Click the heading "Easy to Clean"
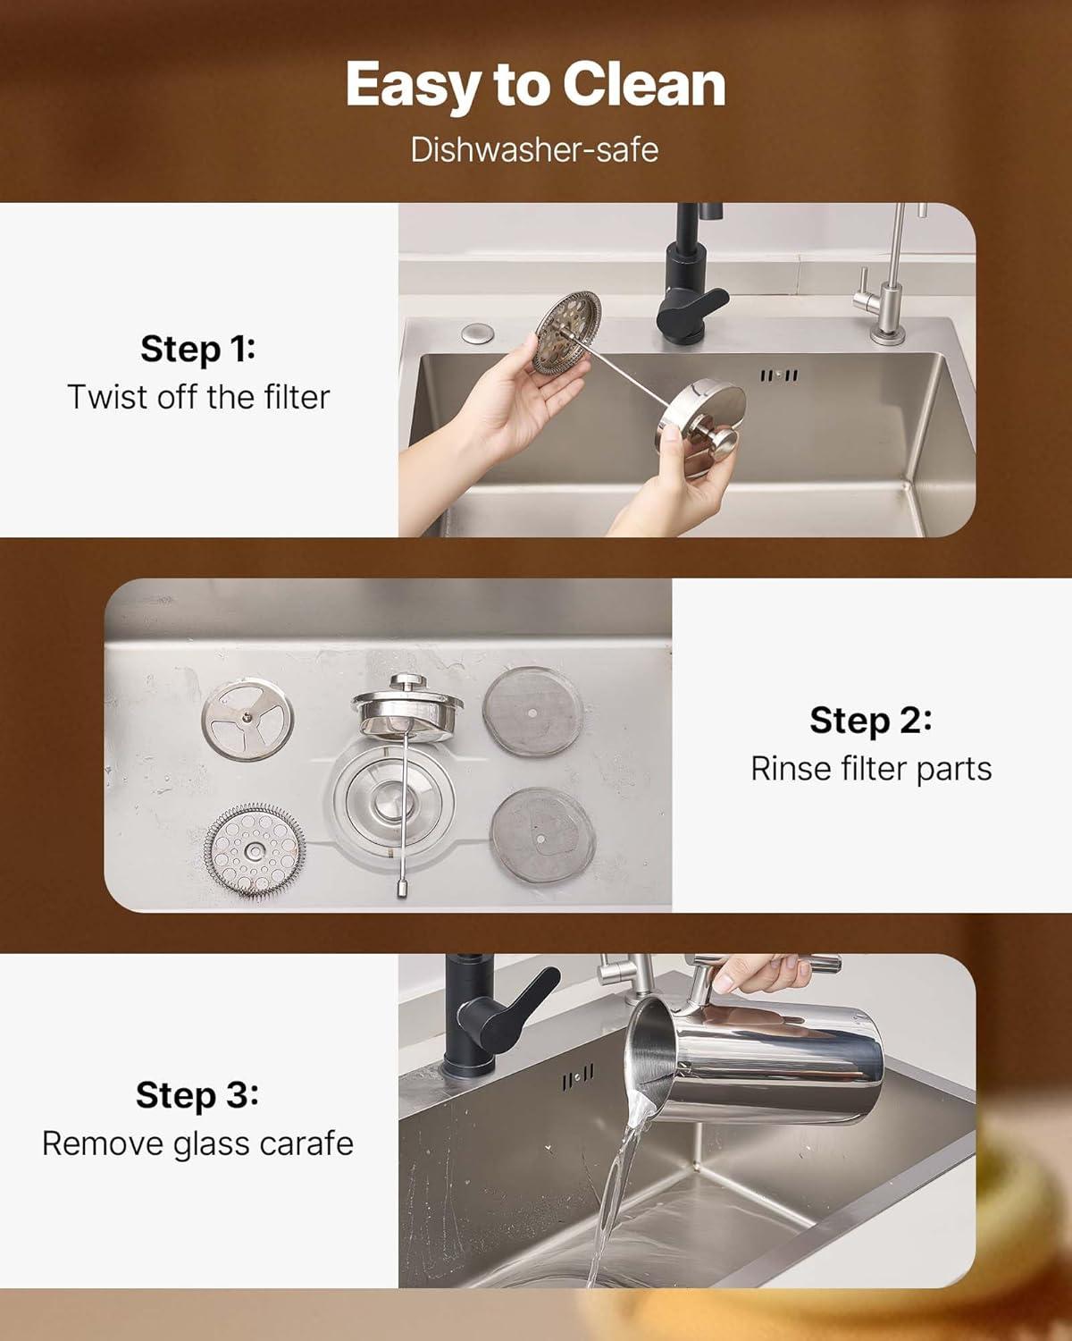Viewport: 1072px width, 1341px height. (x=536, y=85)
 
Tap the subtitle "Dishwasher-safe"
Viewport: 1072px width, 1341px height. (x=534, y=150)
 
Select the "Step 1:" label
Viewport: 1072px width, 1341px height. (x=198, y=349)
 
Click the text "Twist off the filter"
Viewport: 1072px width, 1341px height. (x=198, y=397)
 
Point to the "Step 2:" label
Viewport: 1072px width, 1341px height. (x=871, y=721)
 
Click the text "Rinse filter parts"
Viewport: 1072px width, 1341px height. (x=871, y=768)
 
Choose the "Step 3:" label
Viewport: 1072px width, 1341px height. (x=197, y=1095)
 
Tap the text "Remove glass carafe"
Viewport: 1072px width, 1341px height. (x=198, y=1143)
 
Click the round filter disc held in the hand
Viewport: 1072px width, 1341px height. (x=567, y=333)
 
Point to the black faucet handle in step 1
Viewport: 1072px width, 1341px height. (x=693, y=309)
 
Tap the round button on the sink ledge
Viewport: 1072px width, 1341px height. (x=478, y=333)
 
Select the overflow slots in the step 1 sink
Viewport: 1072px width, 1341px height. (x=779, y=375)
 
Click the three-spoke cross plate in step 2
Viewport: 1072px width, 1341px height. (x=247, y=719)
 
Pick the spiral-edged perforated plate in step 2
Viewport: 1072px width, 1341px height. (x=255, y=850)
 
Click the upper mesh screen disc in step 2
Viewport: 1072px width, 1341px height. (x=532, y=712)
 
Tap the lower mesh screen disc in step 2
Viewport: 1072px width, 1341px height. (x=542, y=834)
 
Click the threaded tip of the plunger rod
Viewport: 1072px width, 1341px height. (x=402, y=885)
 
